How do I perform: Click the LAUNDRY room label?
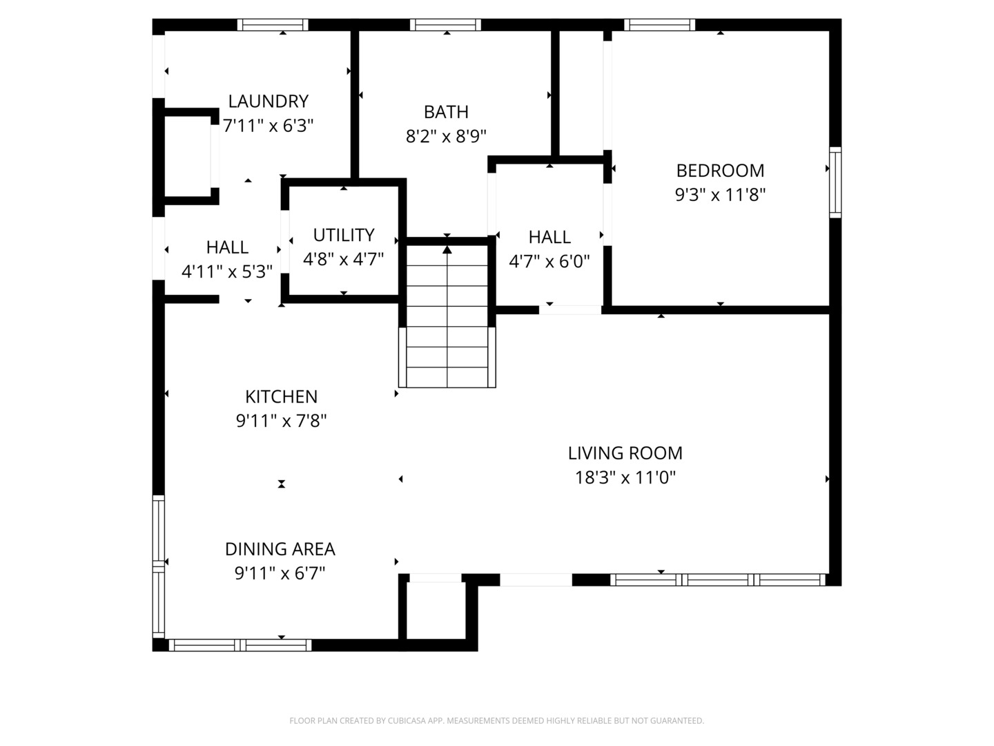tap(268, 101)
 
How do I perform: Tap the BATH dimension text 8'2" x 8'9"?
tap(446, 136)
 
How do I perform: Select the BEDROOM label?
tap(720, 171)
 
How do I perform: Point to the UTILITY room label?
tap(344, 235)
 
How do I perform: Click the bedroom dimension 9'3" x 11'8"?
tap(720, 195)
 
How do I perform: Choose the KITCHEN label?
tap(281, 396)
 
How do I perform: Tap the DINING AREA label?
tap(280, 549)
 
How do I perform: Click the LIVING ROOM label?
tap(625, 453)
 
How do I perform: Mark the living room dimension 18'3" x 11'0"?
tap(625, 477)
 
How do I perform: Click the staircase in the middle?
tap(447, 316)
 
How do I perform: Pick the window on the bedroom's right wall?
tap(835, 182)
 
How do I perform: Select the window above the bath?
tap(445, 24)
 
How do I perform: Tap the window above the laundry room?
tap(273, 24)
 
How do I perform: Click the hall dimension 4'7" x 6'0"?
tap(549, 261)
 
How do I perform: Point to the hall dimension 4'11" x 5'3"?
tap(227, 271)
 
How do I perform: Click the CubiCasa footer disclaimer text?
tap(497, 720)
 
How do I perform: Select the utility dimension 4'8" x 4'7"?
tap(343, 260)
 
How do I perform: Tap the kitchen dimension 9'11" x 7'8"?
tap(281, 421)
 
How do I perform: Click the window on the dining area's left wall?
tap(158, 566)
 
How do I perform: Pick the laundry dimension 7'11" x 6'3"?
tap(268, 126)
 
